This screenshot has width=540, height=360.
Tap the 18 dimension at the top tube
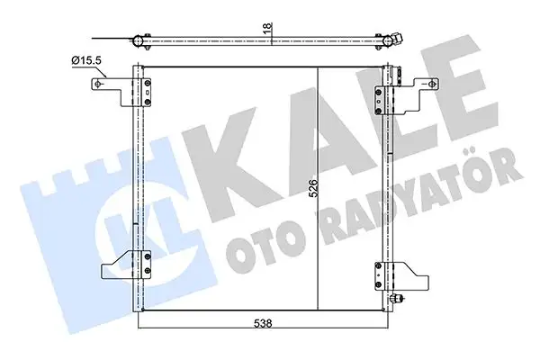click(266, 31)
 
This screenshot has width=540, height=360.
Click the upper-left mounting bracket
click(110, 85)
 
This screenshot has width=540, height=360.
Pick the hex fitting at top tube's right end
click(395, 40)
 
